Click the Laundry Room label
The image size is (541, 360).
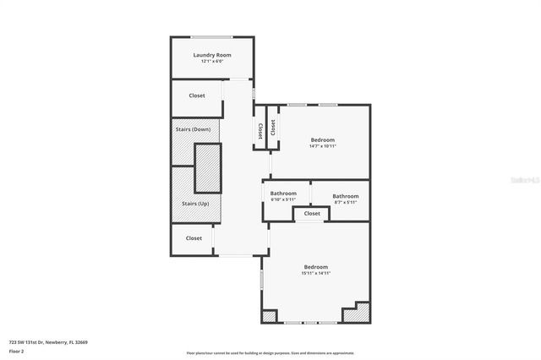click(212, 55)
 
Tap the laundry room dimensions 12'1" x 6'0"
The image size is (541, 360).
click(212, 61)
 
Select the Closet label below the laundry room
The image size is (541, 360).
click(197, 95)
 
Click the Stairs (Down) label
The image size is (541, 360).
click(193, 129)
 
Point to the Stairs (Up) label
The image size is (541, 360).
click(194, 204)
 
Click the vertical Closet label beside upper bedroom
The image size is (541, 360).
click(260, 130)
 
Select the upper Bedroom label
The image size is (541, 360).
click(322, 139)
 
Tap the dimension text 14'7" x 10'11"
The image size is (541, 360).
click(322, 146)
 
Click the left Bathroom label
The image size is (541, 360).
click(283, 194)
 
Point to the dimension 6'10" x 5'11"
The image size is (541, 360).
click(283, 200)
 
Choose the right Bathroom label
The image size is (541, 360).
click(346, 196)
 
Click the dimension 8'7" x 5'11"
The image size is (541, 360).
click(346, 202)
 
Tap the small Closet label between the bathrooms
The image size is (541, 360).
click(312, 214)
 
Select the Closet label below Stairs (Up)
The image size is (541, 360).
click(194, 238)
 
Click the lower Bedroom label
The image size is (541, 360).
click(316, 267)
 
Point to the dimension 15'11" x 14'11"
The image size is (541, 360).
click(316, 274)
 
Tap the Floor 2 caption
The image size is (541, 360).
click(16, 351)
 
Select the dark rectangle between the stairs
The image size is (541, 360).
click(207, 167)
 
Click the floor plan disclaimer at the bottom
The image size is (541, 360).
click(270, 353)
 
